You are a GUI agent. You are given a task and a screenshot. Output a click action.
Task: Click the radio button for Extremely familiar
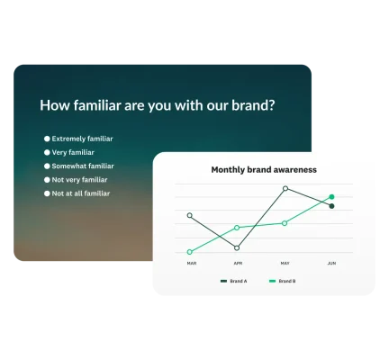[47, 139]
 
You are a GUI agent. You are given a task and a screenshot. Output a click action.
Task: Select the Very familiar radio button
[47, 152]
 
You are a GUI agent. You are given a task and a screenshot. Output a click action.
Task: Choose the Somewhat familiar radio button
[47, 166]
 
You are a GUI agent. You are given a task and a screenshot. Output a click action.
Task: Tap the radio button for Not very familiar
[47, 179]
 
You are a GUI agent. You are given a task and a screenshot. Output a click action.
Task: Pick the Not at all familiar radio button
[47, 193]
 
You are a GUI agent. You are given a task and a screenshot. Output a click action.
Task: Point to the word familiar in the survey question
[105, 104]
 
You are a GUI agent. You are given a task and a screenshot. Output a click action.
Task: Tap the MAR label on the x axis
[191, 263]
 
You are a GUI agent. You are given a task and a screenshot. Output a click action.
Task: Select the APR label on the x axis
[238, 263]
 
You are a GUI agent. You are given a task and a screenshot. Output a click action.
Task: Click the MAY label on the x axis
[285, 263]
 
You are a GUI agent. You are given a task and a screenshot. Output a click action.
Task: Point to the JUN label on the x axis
[331, 263]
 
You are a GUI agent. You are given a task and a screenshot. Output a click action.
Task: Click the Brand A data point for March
[190, 215]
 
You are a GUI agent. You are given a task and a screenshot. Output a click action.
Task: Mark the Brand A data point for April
[237, 247]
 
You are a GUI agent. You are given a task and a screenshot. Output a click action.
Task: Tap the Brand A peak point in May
[285, 188]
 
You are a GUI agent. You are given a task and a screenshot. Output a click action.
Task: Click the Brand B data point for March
[190, 252]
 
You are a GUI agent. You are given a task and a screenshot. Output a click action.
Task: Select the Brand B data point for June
[331, 196]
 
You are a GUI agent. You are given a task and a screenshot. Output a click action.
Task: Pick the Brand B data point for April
[237, 228]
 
